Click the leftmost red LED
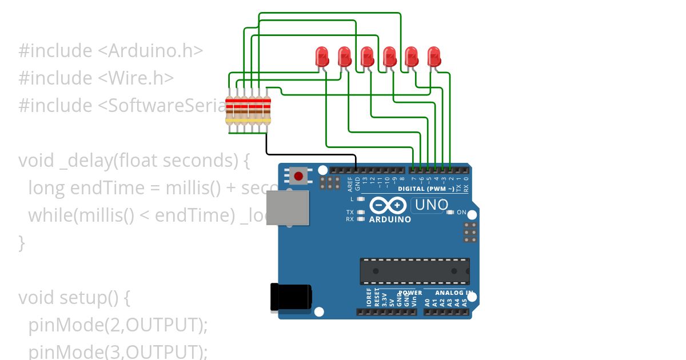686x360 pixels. click(x=322, y=57)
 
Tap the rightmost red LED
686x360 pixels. click(x=434, y=57)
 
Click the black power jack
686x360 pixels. click(x=291, y=298)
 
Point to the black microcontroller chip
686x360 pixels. click(x=414, y=271)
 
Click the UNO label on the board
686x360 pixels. click(x=431, y=205)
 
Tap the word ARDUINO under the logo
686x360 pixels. click(x=390, y=219)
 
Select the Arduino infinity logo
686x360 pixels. click(x=388, y=205)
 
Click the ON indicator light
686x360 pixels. click(x=450, y=213)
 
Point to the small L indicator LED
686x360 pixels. click(x=360, y=199)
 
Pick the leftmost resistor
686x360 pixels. click(x=230, y=110)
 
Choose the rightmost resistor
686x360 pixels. click(x=266, y=110)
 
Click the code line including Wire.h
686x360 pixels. click(x=96, y=78)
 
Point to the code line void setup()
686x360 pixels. click(x=75, y=298)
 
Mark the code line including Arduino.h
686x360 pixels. click(x=111, y=50)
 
